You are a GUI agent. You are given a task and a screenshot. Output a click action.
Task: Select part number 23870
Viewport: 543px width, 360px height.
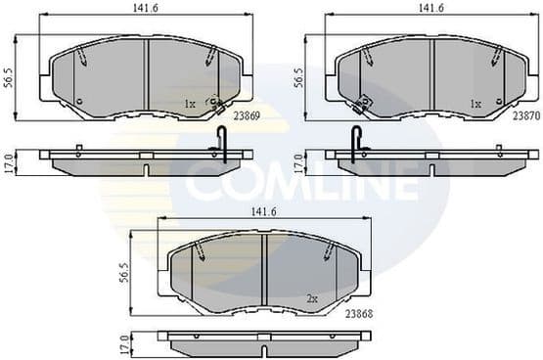[x=525, y=114]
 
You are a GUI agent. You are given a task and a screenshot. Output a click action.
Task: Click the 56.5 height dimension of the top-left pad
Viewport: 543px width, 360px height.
[x=9, y=77]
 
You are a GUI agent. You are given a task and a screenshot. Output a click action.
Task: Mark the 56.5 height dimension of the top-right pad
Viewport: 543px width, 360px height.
[x=296, y=77]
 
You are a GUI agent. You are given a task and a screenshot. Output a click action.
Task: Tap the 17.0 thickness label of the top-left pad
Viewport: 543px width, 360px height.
[x=9, y=161]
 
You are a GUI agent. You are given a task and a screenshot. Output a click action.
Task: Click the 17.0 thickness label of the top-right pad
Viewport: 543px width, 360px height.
[x=296, y=161]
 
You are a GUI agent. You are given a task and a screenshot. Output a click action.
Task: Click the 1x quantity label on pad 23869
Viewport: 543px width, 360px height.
[x=190, y=103]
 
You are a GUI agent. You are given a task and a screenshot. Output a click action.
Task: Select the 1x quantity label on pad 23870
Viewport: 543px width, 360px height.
[x=475, y=103]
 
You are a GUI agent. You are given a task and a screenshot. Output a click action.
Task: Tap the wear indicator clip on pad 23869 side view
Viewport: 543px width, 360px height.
[x=221, y=145]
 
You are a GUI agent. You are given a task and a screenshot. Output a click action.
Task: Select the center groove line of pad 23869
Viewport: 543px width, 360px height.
[x=146, y=73]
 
